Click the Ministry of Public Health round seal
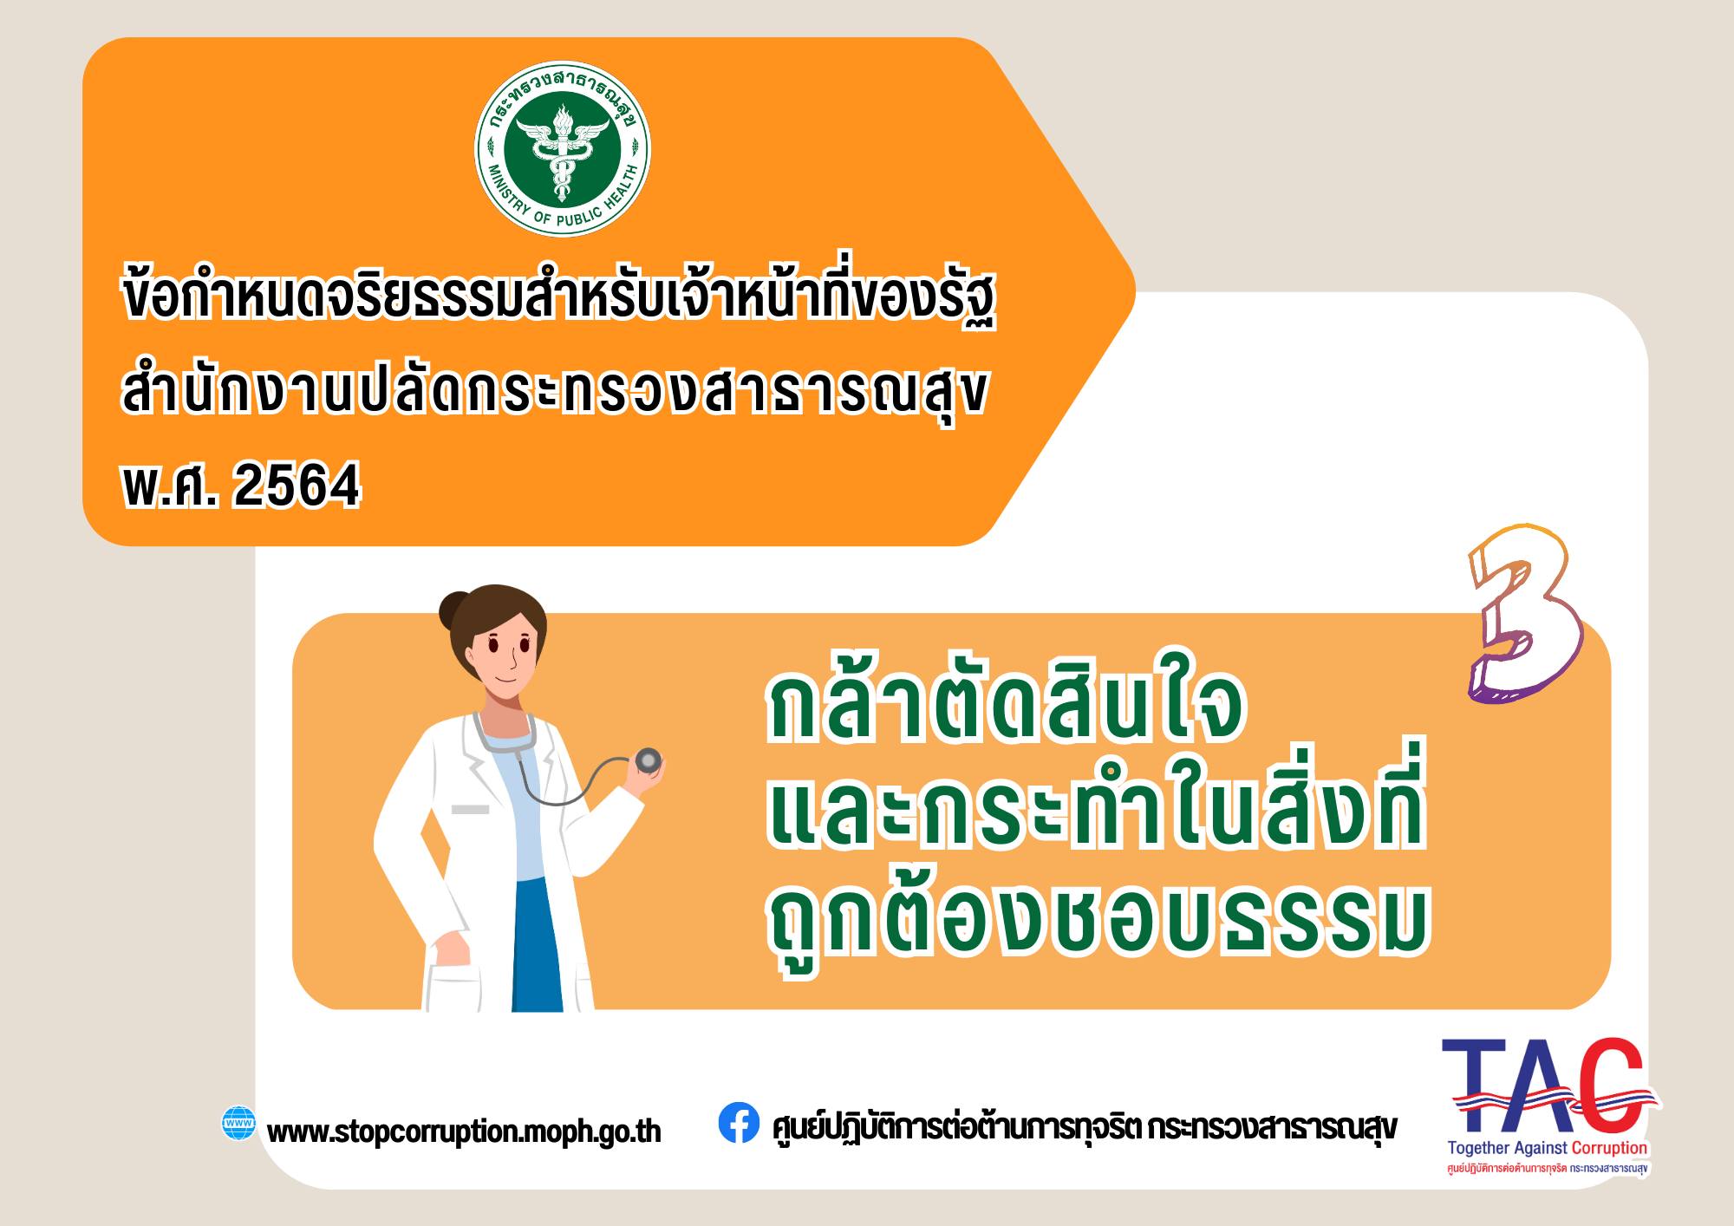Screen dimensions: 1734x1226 tap(563, 150)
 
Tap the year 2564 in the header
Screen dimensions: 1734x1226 tap(297, 486)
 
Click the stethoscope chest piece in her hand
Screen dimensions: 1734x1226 tap(648, 760)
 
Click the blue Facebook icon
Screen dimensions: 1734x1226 tap(739, 1122)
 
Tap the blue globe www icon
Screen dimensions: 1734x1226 tap(239, 1124)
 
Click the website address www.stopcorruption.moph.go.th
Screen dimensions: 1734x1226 tap(465, 1131)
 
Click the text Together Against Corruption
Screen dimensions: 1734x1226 tap(1547, 1148)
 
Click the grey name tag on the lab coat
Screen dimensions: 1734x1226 tap(470, 809)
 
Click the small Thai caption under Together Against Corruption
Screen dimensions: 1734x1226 tap(1547, 1168)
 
